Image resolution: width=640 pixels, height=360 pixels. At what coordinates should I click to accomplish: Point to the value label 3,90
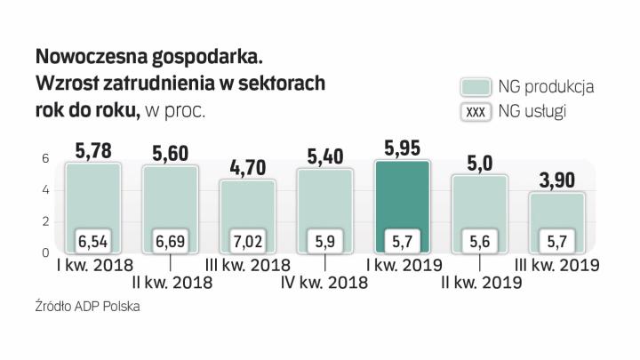pos(556,181)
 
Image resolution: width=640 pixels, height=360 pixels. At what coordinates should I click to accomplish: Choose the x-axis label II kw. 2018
pos(171,283)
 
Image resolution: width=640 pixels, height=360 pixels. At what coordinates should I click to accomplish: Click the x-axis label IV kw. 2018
pos(326,283)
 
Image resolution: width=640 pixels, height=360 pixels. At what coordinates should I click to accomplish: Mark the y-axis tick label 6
pos(46,158)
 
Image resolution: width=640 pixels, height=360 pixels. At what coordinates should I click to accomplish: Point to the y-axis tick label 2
pos(46,221)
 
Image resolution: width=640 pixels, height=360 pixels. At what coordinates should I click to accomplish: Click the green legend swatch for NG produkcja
pos(476,87)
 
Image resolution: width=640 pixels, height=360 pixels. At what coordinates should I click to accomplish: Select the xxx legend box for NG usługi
pos(476,113)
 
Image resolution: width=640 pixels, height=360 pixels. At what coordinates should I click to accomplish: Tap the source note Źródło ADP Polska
pos(88,307)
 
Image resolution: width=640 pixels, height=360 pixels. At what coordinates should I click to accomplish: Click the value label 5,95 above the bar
pos(402,147)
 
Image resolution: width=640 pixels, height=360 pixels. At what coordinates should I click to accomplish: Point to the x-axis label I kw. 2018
pos(92,264)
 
